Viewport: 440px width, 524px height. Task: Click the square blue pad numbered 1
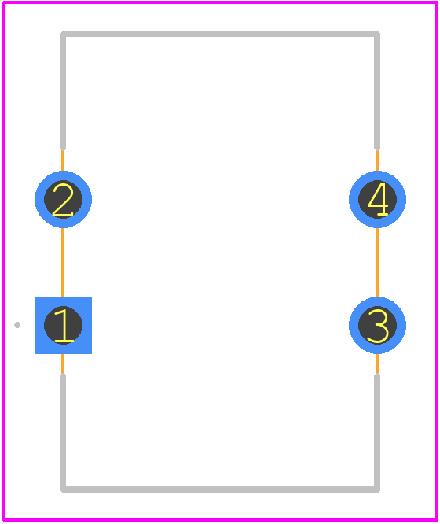click(x=63, y=325)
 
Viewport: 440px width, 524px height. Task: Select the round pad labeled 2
click(x=63, y=199)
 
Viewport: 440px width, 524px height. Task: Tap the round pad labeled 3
click(x=377, y=325)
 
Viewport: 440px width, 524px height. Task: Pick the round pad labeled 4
click(x=377, y=199)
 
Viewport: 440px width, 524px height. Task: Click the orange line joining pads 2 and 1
click(x=63, y=262)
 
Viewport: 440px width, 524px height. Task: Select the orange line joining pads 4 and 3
click(x=377, y=262)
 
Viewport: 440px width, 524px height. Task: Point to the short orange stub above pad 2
click(x=63, y=161)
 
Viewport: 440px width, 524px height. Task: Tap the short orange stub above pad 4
click(x=377, y=161)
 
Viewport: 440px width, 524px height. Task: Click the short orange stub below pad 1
click(x=63, y=363)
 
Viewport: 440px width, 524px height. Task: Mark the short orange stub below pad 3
click(x=377, y=363)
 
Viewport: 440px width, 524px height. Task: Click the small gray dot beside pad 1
click(x=17, y=325)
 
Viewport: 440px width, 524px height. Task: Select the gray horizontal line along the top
click(x=220, y=34)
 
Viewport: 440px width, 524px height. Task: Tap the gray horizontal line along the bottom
click(x=220, y=489)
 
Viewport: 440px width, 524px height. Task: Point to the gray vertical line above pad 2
click(x=63, y=90)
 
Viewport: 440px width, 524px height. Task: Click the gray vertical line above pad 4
click(x=377, y=90)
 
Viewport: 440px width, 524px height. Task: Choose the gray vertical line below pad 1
click(x=63, y=433)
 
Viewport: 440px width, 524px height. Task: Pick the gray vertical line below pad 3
click(x=377, y=433)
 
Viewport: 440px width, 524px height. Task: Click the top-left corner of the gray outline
click(x=63, y=34)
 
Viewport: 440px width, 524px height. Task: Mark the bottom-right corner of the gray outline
click(x=377, y=489)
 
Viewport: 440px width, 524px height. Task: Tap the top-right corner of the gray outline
click(x=377, y=34)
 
